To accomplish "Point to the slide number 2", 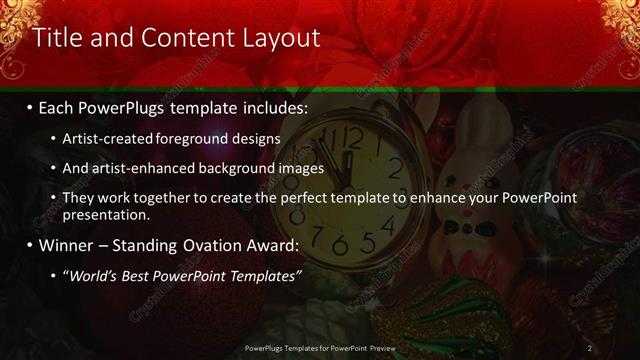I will pos(590,348).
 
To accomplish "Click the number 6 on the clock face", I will pos(341,246).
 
